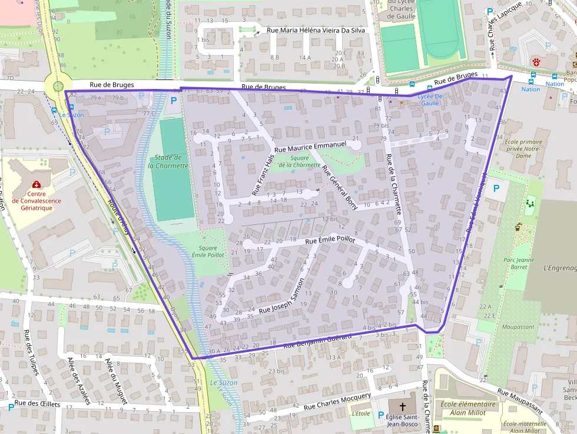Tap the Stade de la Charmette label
coord(168,161)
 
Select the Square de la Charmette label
coord(299,161)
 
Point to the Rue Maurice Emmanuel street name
coord(310,146)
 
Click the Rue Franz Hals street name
coord(263,174)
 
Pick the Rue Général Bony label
coord(340,183)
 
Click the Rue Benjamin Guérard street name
coord(317,340)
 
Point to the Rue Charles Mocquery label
coord(337,402)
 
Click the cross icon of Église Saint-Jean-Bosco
coord(403,407)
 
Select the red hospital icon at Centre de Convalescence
coord(36,184)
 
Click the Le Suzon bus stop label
coord(72,115)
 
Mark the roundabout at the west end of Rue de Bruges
coord(58,87)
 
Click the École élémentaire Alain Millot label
coord(469,408)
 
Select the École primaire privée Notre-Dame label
coord(523,148)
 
